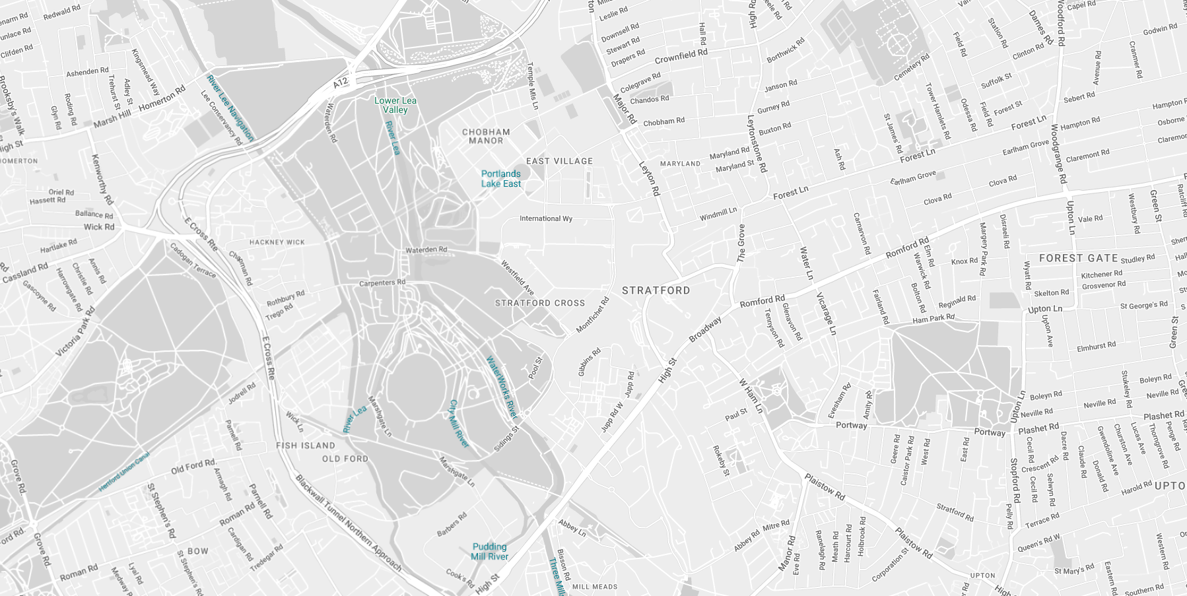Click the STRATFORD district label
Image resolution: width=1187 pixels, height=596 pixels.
click(x=656, y=290)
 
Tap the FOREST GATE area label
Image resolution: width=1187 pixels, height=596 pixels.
click(x=1078, y=258)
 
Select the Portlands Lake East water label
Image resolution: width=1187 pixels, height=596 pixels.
click(x=500, y=179)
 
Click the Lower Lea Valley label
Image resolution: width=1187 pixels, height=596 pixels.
click(x=395, y=105)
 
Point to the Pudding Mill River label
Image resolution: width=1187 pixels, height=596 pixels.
click(x=489, y=551)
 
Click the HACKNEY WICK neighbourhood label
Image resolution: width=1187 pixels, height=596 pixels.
click(x=277, y=242)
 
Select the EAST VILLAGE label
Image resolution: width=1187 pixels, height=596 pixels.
click(x=559, y=161)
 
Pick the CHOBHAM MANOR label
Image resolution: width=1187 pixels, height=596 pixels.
click(x=486, y=137)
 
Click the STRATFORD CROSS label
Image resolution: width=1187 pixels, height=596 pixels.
click(x=540, y=303)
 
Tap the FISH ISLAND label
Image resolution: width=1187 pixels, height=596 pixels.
click(x=306, y=446)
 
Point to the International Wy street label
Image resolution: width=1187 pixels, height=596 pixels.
click(x=545, y=218)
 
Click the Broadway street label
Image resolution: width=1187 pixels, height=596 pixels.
click(x=705, y=329)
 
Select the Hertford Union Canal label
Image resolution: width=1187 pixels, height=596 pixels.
click(x=124, y=472)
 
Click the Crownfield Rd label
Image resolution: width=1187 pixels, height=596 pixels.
click(x=681, y=55)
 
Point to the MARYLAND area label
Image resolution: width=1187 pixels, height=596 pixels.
click(x=680, y=164)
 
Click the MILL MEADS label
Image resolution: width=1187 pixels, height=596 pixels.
click(x=595, y=587)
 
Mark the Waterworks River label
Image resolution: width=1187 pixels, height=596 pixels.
click(x=502, y=387)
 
